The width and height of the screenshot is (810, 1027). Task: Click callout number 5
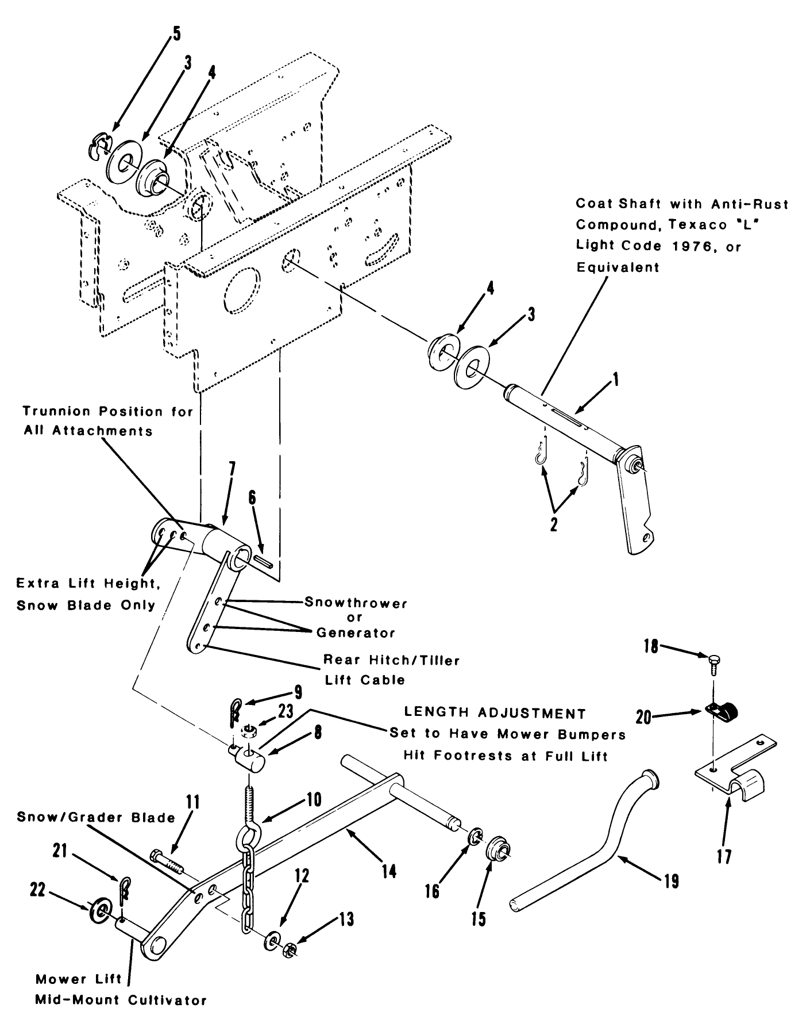click(176, 33)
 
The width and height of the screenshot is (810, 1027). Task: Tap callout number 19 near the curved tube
click(670, 880)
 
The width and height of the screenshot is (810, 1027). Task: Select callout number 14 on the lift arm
click(389, 872)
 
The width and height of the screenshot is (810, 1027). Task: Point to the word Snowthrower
click(356, 604)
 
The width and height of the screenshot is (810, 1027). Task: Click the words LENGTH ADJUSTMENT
click(495, 713)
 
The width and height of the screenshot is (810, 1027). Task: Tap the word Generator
click(356, 633)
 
